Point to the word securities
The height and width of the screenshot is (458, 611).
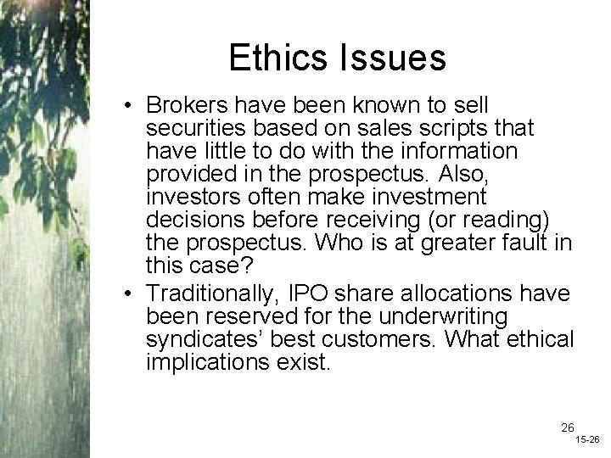point(189,128)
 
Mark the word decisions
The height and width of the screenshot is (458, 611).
point(187,220)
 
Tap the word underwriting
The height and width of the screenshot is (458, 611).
point(440,316)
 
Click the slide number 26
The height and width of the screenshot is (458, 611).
point(544,427)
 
